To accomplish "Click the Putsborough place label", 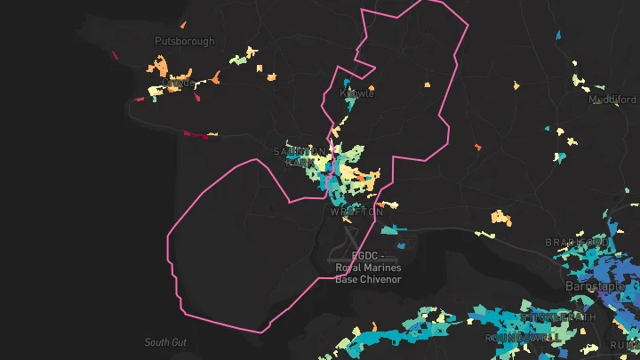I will coord(185,41).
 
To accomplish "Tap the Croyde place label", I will coord(178,83).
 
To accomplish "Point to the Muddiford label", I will coord(612,100).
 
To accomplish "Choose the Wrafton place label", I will coord(356,212).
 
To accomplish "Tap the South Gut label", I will coord(166,342).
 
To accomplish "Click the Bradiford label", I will coord(577,243).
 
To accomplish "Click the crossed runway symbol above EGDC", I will coord(351,236).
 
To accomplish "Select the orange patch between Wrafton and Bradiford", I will coord(503,216).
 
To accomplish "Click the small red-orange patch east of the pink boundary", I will coord(477,147).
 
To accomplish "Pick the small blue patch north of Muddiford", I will coord(557,35).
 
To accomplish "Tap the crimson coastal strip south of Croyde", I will coord(199,136).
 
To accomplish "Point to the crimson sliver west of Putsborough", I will coord(116,52).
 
